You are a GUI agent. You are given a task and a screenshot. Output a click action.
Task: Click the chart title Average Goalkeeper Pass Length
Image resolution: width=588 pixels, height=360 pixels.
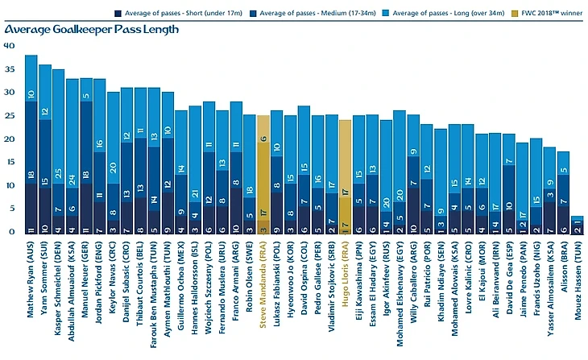tap(91, 30)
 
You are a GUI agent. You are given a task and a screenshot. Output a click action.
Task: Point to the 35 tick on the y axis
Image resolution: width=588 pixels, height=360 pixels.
tap(9, 69)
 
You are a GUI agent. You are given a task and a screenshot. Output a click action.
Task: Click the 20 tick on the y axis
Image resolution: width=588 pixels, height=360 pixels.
tap(9, 139)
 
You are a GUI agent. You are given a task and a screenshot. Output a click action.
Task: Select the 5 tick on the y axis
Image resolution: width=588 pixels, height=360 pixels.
tap(9, 209)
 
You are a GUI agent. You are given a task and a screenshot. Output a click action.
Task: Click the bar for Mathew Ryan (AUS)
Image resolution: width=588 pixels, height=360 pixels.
tap(31, 145)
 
